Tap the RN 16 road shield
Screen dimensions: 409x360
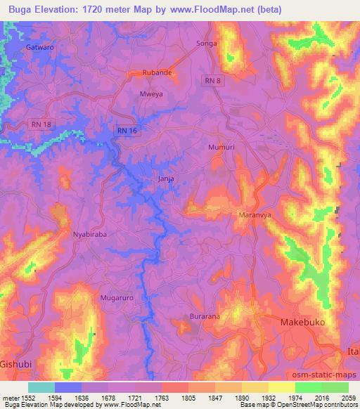tap(127, 130)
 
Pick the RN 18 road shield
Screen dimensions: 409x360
tap(42, 124)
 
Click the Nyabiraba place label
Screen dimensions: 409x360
tap(90, 235)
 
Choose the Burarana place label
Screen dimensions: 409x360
tap(204, 317)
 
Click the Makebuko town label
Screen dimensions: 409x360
tap(305, 322)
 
